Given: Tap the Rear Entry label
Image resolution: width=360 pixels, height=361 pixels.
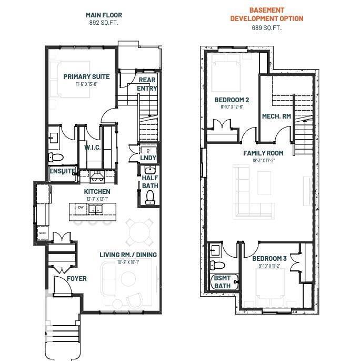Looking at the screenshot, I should [147, 84].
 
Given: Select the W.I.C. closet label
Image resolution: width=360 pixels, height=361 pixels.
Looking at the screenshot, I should [93, 148].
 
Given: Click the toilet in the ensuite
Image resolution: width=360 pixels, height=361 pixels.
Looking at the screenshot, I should [56, 157].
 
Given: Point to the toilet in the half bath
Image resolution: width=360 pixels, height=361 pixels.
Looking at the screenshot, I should [150, 196].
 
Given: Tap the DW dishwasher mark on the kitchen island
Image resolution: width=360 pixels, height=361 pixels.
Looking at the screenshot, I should [81, 208].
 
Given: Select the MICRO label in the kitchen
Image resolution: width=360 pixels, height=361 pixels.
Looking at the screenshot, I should [42, 232].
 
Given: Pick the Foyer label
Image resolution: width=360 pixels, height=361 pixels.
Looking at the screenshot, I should [77, 278].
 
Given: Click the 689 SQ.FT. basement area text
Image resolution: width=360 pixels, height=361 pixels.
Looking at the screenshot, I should [266, 27].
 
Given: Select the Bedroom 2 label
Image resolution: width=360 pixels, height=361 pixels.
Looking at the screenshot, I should [232, 100].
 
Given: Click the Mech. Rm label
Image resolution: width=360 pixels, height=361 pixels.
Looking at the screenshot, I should [276, 116].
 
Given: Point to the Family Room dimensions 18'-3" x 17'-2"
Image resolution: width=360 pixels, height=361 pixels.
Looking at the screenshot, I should [263, 160].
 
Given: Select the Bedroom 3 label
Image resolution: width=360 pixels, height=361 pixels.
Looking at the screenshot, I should [269, 258].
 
